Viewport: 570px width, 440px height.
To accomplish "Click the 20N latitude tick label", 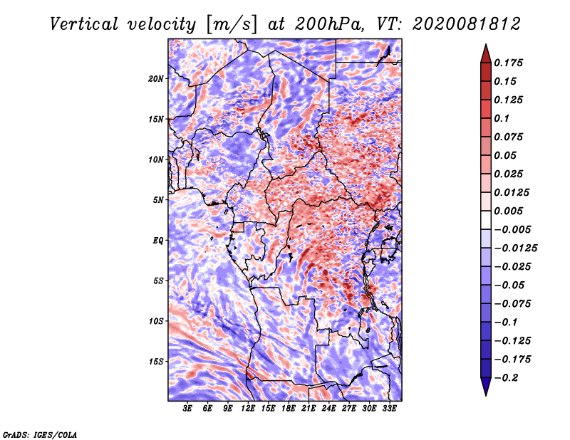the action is click(156, 79).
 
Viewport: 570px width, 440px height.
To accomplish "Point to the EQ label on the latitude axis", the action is click(158, 241).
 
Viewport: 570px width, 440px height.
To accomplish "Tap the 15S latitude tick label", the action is click(156, 362).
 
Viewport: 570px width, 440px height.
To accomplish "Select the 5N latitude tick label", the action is click(158, 200).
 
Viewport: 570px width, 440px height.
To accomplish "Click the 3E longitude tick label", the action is click(187, 409).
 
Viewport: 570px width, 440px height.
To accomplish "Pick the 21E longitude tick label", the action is click(309, 409).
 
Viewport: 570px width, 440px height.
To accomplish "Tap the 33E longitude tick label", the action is click(389, 409).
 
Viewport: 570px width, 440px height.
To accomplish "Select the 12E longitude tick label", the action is click(248, 409).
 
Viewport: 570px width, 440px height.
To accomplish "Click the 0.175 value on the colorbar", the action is click(508, 63).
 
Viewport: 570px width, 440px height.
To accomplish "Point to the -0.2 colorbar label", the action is click(506, 378).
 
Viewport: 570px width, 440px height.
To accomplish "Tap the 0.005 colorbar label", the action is click(508, 211).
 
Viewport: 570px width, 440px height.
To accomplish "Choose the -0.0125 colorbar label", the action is click(515, 248).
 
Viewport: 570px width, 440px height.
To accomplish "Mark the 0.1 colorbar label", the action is click(502, 118).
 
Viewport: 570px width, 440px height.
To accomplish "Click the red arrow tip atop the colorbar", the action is click(486, 44).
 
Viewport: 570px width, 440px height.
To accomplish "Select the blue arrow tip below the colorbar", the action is click(486, 395).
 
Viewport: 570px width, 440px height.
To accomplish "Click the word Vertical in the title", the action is click(84, 24).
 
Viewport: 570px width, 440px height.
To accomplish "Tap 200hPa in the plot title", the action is click(329, 24).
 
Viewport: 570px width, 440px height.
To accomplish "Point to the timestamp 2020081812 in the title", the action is click(467, 24).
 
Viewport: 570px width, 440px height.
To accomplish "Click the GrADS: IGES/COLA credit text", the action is click(40, 434).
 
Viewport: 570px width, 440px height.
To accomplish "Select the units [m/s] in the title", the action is click(232, 25).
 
